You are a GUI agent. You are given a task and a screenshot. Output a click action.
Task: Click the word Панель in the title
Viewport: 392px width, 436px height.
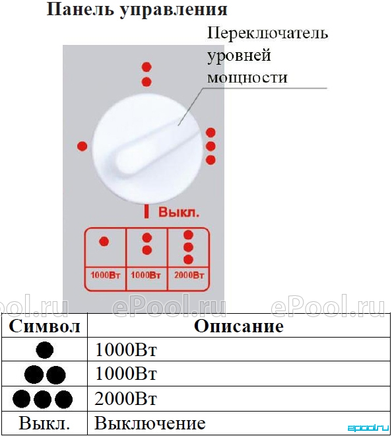coord(81,9)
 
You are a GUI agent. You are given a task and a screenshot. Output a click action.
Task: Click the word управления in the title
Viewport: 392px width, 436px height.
coord(174,11)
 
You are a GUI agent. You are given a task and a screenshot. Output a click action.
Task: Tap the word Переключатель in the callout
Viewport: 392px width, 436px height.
coord(267,34)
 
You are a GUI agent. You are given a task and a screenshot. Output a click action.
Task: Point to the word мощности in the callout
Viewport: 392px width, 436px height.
coord(247,77)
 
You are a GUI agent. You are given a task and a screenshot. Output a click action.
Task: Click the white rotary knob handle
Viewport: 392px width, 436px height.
coord(147,148)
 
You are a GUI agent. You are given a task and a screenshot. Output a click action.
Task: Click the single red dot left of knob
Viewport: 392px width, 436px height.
coord(82,146)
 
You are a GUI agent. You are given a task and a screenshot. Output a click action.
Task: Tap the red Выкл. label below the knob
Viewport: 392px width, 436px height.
coord(179,212)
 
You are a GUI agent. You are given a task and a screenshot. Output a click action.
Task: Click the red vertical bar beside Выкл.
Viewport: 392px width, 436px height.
coord(147,211)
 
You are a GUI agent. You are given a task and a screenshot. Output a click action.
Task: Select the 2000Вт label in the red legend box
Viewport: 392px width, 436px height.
coord(189,275)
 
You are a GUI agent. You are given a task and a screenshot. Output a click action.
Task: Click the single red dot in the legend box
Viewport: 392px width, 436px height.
coord(104,241)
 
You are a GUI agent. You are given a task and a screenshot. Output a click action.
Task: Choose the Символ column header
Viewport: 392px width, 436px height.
coord(44,326)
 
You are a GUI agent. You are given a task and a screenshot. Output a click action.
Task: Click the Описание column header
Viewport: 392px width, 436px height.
coord(239,326)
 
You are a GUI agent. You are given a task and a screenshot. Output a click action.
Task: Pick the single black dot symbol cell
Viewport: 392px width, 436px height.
coord(45,350)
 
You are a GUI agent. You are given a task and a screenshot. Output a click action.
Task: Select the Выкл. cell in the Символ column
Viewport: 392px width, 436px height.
coord(44,423)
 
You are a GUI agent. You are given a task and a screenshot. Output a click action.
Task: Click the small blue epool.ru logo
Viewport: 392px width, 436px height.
coord(368,427)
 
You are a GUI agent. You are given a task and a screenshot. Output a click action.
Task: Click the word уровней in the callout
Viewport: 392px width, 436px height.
coord(239,56)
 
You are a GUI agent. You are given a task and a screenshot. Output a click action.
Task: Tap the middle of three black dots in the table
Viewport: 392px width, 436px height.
coord(42,399)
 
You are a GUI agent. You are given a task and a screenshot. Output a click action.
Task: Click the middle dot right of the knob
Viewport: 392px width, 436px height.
coord(211,146)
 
